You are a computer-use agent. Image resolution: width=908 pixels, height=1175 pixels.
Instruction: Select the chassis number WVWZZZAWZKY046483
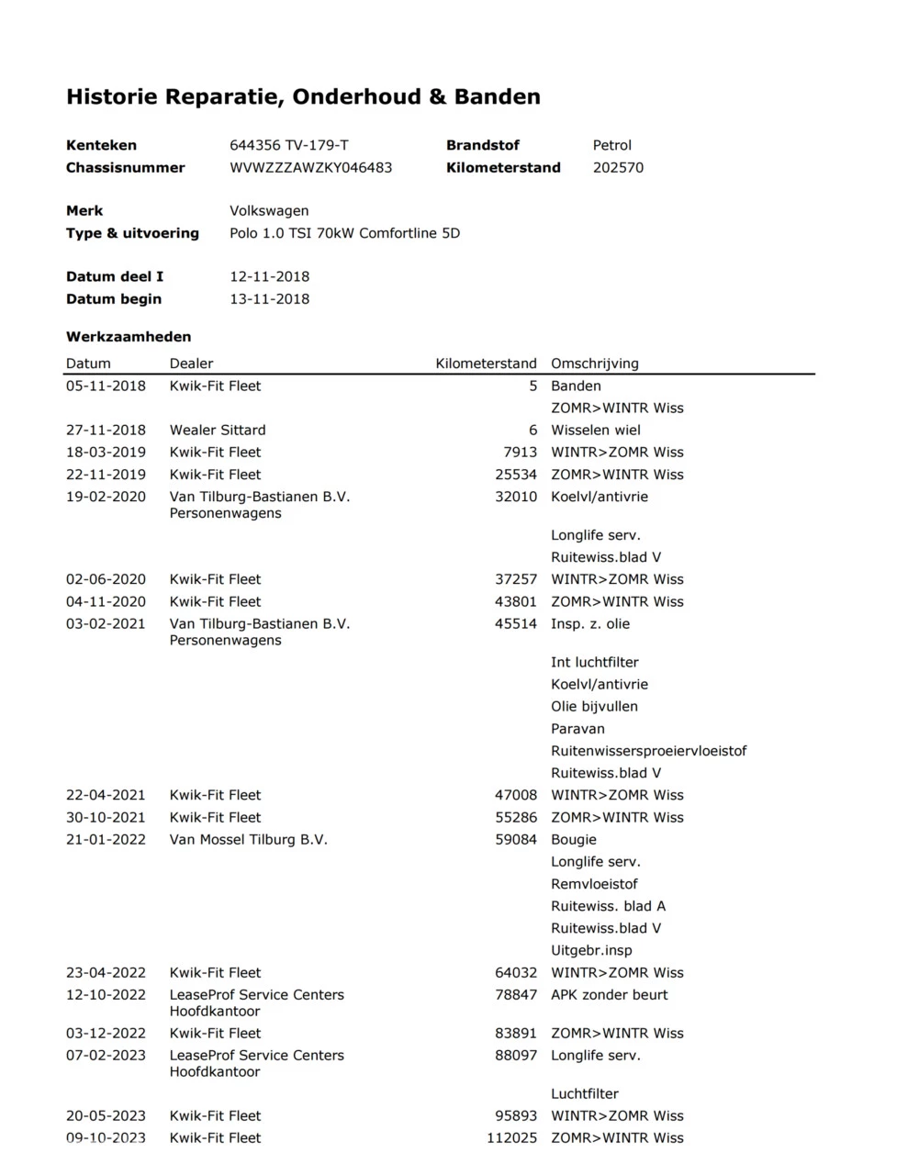tap(310, 167)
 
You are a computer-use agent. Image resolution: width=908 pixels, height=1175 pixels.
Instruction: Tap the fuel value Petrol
tap(611, 145)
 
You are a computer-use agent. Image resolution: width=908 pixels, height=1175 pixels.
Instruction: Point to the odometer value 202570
tap(618, 167)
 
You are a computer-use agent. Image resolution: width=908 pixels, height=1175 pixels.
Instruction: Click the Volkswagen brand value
tap(269, 210)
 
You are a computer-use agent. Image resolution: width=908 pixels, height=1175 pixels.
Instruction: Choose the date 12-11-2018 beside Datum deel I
tap(269, 276)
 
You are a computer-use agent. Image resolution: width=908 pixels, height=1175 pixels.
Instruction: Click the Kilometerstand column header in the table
tap(486, 363)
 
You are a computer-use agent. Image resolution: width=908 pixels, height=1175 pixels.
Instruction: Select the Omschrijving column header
tap(594, 363)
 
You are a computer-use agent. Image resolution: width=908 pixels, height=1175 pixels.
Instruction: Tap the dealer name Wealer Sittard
tap(218, 430)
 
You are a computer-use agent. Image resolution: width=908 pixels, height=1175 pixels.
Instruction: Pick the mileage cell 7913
tap(520, 452)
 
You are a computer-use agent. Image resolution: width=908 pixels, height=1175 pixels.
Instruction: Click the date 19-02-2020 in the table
tap(106, 497)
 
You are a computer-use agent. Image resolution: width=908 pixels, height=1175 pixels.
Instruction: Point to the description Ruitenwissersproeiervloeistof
tap(648, 750)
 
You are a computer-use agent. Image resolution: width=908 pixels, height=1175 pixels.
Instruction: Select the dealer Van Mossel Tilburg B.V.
tap(248, 839)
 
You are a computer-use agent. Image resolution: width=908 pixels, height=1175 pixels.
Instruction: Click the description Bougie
tap(573, 839)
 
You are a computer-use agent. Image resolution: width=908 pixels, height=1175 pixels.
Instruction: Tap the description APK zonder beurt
tap(609, 994)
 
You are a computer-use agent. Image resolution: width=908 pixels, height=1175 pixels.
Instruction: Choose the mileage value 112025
tap(511, 1137)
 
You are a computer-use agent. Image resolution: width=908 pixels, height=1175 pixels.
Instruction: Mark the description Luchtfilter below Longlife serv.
tap(584, 1093)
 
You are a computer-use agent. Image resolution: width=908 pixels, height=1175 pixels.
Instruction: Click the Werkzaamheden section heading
tap(129, 336)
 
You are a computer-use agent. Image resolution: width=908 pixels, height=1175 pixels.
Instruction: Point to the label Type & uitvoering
tap(132, 232)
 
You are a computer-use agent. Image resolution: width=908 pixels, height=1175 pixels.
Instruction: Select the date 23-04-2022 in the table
tap(106, 972)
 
